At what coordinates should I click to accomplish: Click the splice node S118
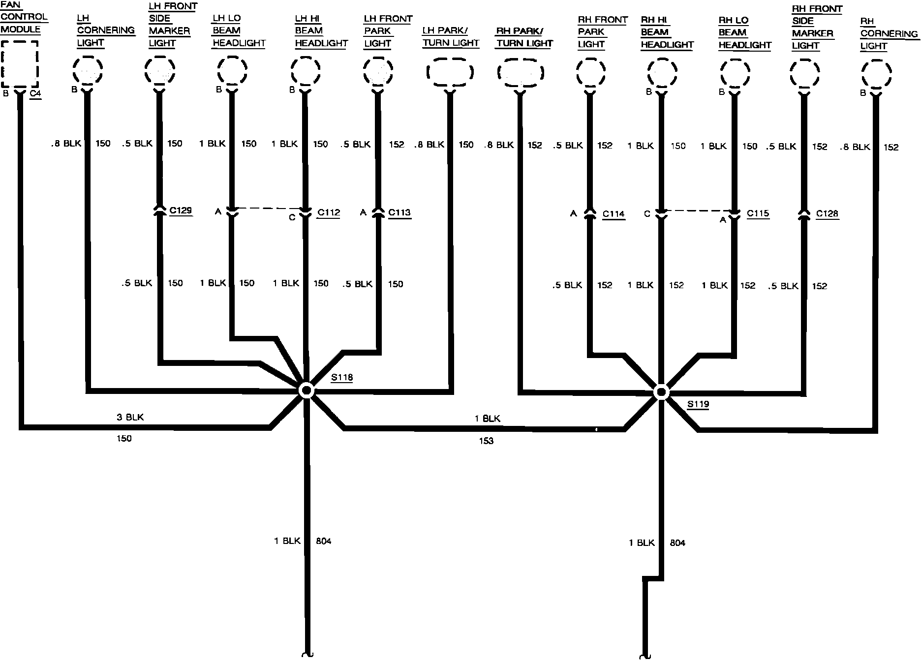click(x=306, y=391)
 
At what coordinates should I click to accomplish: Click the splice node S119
click(x=661, y=392)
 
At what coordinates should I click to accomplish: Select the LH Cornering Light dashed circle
click(x=88, y=70)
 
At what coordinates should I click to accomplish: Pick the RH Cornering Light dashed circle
click(x=876, y=74)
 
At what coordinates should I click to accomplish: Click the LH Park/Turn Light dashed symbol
click(x=450, y=72)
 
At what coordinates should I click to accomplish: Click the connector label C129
click(x=181, y=210)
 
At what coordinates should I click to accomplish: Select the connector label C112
click(x=329, y=212)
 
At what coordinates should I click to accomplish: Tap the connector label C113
click(x=399, y=212)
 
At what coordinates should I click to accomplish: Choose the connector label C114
click(x=614, y=214)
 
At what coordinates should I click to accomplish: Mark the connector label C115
click(x=758, y=213)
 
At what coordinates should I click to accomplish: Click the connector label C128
click(x=827, y=213)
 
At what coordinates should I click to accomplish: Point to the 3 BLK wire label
click(x=130, y=417)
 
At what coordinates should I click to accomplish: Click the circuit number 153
click(x=486, y=441)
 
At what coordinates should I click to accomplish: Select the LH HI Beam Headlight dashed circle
click(x=306, y=71)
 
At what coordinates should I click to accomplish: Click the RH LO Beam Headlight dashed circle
click(x=735, y=73)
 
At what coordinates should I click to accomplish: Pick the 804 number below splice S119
click(x=677, y=543)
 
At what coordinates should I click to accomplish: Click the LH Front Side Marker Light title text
click(x=172, y=25)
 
